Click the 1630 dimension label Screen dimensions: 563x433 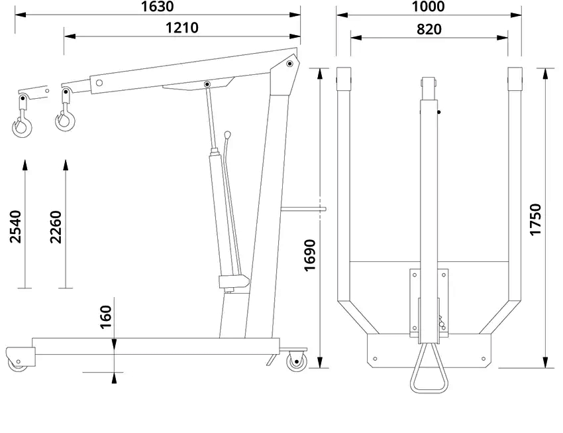click(157, 7)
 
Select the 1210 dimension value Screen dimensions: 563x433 click(181, 28)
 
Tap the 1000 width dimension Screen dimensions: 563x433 click(428, 7)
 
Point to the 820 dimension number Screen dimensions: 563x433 click(429, 29)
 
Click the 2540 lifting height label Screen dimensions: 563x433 click(15, 227)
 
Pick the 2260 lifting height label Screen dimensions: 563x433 click(56, 227)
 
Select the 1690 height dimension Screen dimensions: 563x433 click(309, 255)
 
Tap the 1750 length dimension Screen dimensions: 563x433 click(535, 219)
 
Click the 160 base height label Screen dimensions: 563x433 click(105, 317)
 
